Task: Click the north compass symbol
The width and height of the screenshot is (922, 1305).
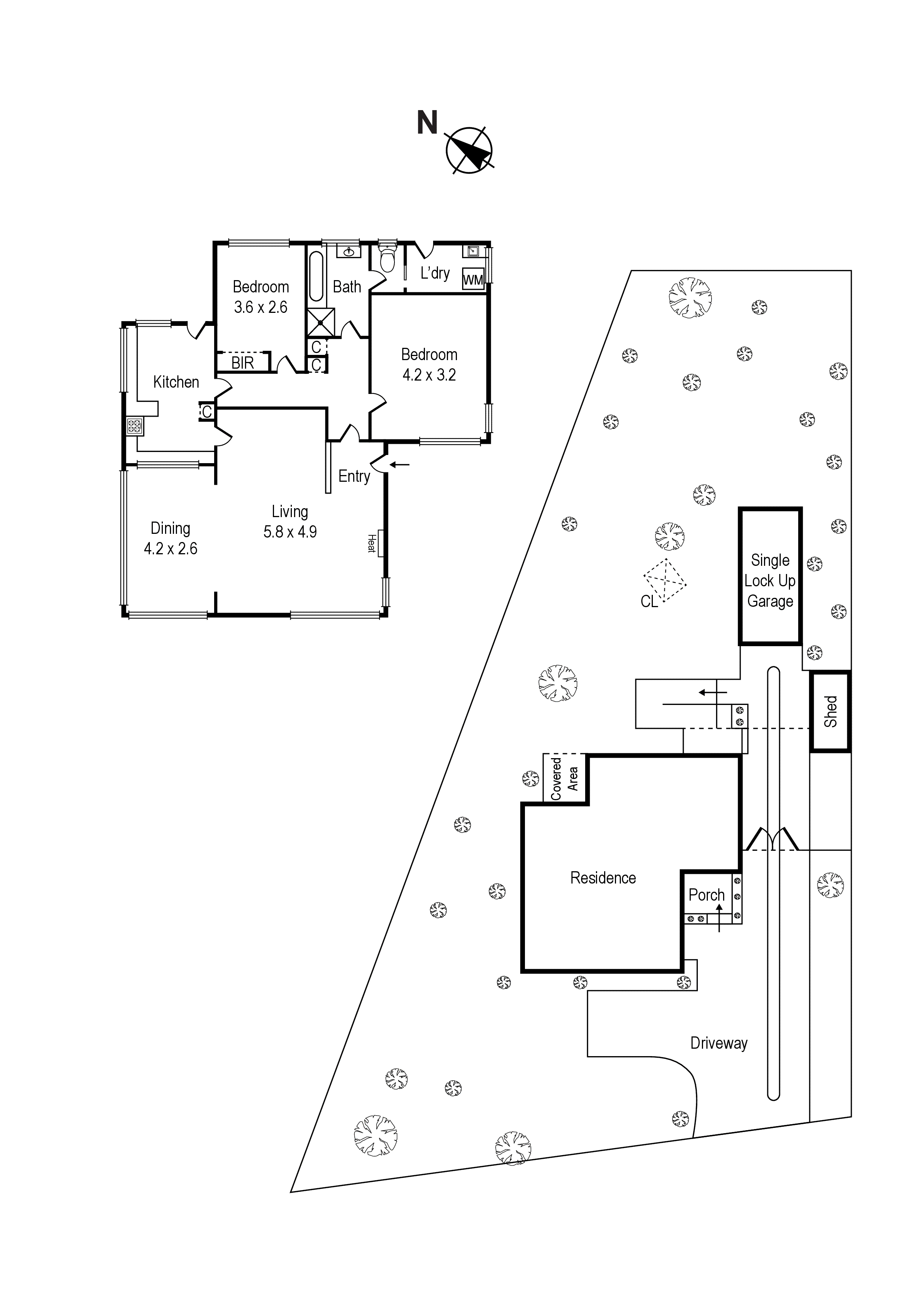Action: pos(469,150)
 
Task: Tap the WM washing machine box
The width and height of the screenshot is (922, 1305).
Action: pos(473,279)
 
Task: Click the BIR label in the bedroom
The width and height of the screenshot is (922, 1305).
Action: pos(242,363)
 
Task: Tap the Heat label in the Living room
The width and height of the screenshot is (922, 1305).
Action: pos(371,543)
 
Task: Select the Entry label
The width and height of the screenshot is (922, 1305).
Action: pos(354,476)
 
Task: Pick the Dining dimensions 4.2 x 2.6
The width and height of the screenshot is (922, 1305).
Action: pos(170,548)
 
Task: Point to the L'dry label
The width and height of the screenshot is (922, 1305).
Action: pos(435,273)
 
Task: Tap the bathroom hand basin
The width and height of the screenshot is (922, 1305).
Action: pos(350,251)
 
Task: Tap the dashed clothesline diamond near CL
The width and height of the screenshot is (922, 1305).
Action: pos(665,580)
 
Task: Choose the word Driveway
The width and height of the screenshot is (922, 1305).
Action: pos(719,1043)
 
